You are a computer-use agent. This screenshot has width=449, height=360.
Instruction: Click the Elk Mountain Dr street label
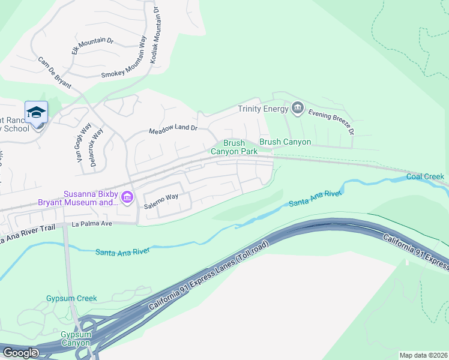(92, 46)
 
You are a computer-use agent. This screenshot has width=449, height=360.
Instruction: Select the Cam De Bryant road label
(54, 72)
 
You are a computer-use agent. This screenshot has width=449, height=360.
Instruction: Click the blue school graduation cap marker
(36, 112)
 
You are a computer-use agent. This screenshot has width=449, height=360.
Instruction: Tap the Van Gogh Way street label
(83, 142)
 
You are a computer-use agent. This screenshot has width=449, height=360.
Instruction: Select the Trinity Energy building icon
(297, 109)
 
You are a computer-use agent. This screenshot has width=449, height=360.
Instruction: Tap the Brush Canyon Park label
(234, 148)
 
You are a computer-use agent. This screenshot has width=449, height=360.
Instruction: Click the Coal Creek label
(425, 176)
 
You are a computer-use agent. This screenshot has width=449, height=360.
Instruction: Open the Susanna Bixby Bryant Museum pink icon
(127, 198)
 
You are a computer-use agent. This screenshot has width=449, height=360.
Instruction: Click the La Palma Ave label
(92, 224)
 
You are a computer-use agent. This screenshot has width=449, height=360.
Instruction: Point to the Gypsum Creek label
(71, 298)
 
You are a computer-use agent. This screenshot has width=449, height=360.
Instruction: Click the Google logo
(20, 352)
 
